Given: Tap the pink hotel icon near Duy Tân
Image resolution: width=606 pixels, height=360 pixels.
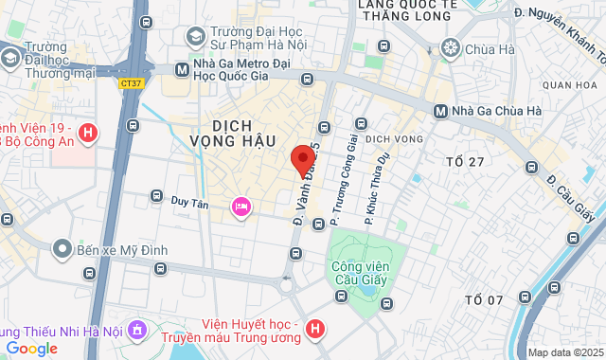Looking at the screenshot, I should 241,206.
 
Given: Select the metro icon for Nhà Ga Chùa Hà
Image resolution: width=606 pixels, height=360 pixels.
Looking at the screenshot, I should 440,111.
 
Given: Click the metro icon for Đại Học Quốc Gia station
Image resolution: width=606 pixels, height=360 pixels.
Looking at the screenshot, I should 182,69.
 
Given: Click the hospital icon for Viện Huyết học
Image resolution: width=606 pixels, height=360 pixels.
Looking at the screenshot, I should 316,330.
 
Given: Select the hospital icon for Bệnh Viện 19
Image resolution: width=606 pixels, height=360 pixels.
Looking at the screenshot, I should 88,134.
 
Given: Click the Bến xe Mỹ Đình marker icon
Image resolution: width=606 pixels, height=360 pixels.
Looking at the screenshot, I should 62,248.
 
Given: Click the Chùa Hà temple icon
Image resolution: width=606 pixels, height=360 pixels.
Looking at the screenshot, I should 451,47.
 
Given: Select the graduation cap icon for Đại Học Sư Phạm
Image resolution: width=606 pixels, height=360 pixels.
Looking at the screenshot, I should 196,37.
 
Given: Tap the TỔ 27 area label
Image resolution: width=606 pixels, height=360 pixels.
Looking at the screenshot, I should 465,162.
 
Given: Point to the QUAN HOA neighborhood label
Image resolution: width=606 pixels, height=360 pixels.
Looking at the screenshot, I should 571,85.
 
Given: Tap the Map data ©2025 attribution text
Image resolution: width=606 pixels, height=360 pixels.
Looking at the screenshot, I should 564,352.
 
